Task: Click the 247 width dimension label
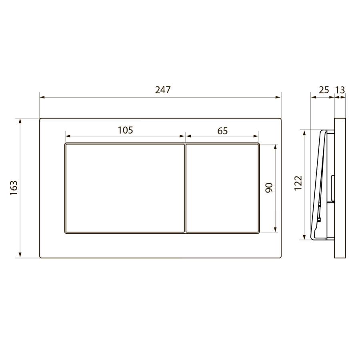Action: pos(163,90)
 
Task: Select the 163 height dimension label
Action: pos(14,188)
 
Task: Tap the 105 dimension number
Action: pos(125,130)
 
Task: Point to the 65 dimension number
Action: pos(222,131)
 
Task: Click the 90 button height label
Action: pos(269,188)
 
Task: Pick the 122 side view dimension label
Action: pos(298,183)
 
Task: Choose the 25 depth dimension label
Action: pos(324,90)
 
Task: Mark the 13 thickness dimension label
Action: pos(340,90)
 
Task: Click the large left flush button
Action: pos(125,188)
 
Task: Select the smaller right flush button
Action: pos(222,188)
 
